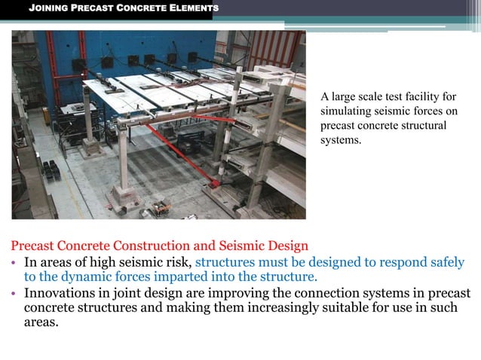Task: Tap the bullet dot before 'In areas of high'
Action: click(x=14, y=263)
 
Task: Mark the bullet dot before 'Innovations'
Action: click(x=14, y=294)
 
